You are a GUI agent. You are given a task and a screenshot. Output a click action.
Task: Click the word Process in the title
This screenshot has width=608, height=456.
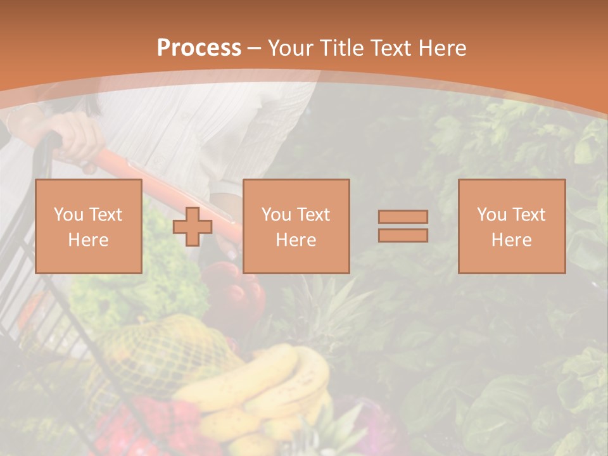[x=199, y=48]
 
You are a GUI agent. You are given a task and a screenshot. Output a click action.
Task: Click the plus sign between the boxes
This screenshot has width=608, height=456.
[x=193, y=227]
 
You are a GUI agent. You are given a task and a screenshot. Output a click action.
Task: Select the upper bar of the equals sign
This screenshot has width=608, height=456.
[x=403, y=217]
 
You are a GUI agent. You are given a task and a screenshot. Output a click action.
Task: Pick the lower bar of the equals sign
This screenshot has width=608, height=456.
[x=403, y=236]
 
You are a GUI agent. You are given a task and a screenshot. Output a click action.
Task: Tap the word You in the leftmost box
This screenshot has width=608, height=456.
[x=68, y=215]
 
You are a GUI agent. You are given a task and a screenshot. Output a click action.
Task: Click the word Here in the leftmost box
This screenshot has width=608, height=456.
[x=88, y=240]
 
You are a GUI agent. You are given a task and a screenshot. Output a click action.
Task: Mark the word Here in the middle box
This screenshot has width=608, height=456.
[x=296, y=240]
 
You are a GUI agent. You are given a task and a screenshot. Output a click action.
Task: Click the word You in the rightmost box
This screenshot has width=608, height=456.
[x=491, y=215]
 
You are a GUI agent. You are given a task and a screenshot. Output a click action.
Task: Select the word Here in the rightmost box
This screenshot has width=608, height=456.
[x=511, y=240]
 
